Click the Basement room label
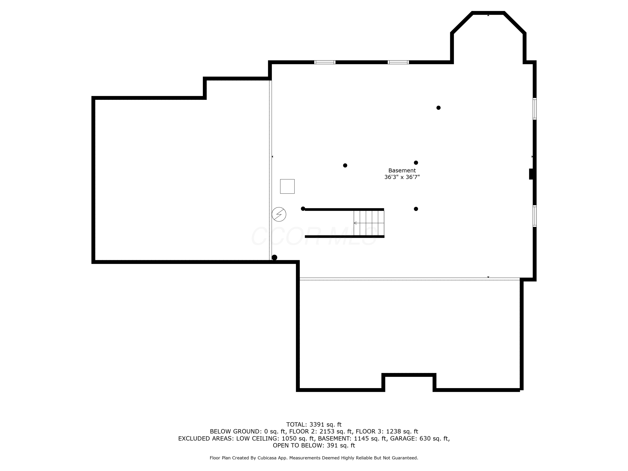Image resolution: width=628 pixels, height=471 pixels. pos(402,170)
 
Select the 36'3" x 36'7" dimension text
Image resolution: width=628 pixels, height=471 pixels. pos(402,177)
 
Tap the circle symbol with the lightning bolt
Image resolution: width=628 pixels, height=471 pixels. pos(279,214)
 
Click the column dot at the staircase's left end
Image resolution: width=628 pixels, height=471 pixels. pos(303,209)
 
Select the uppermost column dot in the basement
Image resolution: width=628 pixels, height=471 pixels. pos(438,108)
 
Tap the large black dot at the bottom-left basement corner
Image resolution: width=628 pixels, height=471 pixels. pos(274,257)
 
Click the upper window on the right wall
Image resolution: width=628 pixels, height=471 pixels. pos(534,109)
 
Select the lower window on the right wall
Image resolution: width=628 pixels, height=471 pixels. pos(534,216)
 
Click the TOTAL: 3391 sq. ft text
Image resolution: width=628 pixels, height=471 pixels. pos(314,425)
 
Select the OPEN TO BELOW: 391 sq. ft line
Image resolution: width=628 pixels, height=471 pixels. pos(314,445)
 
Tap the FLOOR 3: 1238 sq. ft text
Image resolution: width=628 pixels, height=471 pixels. pos(387,431)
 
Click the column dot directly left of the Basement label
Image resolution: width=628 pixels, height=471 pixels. pos(345,165)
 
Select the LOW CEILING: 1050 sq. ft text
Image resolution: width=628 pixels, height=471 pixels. pos(275,438)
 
